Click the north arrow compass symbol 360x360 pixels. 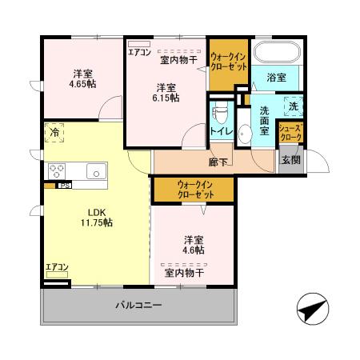click(313, 309)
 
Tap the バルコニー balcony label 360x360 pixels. click(138, 306)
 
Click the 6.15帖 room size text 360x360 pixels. click(166, 98)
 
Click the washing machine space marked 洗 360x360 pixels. click(292, 106)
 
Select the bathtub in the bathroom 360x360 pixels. click(276, 54)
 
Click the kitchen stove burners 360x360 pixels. click(58, 170)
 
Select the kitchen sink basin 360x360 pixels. click(96, 170)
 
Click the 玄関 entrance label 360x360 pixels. click(290, 160)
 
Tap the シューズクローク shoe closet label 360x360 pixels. click(290, 133)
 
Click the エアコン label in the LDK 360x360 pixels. click(56, 267)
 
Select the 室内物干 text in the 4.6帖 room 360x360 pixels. click(184, 273)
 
